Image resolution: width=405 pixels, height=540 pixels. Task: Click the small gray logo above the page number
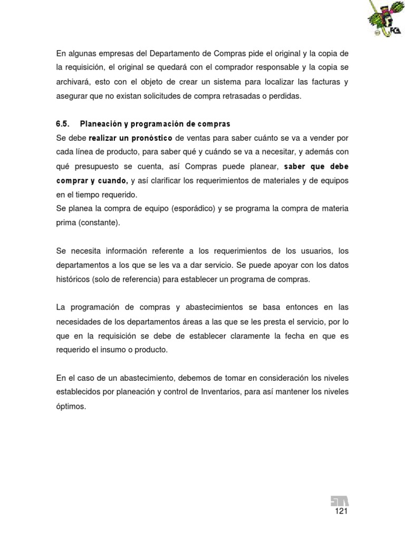coord(340,500)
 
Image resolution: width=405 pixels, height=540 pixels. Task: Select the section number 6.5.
coord(62,124)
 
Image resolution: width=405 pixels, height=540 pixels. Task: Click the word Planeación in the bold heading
coord(100,124)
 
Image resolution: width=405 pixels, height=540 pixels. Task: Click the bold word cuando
coord(113,181)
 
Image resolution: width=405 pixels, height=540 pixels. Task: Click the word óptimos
coord(70,407)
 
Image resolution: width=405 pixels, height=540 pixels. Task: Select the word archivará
coord(73,82)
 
